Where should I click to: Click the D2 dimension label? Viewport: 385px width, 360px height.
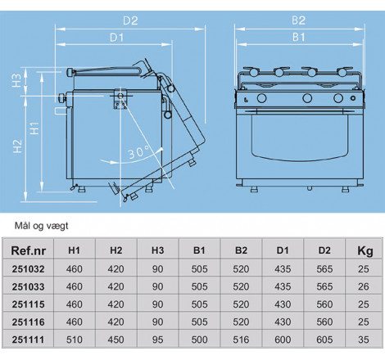pyautogui.click(x=130, y=20)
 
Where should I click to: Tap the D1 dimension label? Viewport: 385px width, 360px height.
pyautogui.click(x=116, y=38)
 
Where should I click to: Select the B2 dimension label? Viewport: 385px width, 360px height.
pyautogui.click(x=298, y=20)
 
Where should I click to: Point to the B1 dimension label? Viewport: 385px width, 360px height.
pyautogui.click(x=298, y=37)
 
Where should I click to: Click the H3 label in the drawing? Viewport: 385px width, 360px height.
pyautogui.click(x=17, y=80)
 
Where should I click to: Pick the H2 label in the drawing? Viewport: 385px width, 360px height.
pyautogui.click(x=17, y=146)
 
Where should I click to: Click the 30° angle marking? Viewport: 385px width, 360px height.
pyautogui.click(x=139, y=151)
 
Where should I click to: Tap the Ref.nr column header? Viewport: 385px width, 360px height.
pyautogui.click(x=28, y=250)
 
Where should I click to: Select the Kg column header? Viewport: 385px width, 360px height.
pyautogui.click(x=365, y=251)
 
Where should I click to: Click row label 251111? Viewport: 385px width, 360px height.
pyautogui.click(x=28, y=340)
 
